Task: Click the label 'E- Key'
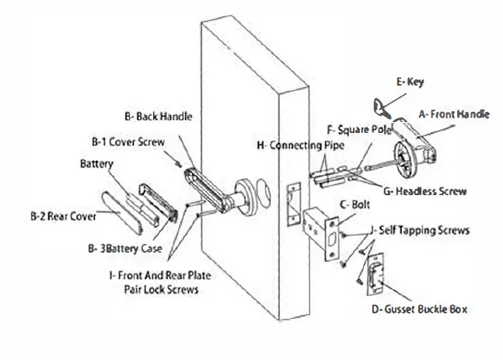pos(410,81)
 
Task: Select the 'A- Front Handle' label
pos(454,114)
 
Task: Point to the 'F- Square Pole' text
pos(359,130)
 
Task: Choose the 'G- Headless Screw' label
pos(425,190)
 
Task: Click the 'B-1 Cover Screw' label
pos(127,142)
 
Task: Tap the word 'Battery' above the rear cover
pos(97,164)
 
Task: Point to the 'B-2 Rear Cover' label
pos(63,216)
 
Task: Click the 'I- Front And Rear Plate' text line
pos(160,275)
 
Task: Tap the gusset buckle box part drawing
pos(376,277)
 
